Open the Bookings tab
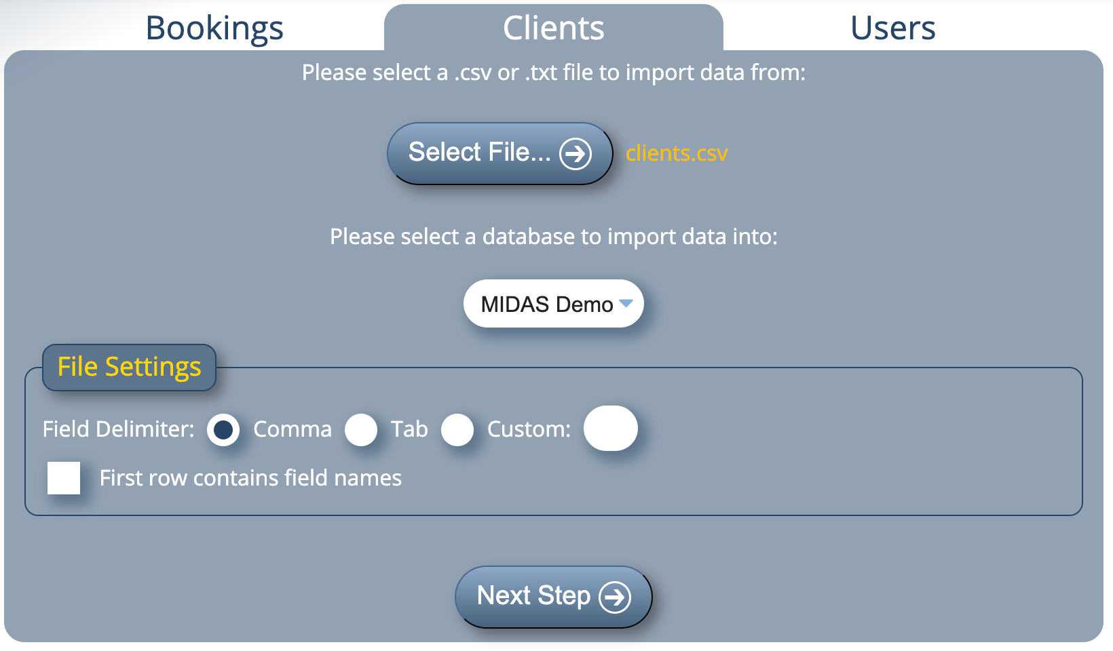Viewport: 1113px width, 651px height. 214,28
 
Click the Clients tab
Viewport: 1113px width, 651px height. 553,28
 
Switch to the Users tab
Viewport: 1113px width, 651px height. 892,28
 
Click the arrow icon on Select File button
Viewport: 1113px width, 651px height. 576,154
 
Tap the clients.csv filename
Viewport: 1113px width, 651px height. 677,154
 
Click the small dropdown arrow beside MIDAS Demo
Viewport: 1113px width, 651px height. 626,303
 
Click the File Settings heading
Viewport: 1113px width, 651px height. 129,367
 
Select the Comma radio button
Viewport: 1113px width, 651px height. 223,430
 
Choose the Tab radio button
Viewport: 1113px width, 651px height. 361,430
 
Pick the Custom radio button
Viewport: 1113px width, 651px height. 457,430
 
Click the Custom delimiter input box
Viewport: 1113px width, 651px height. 610,429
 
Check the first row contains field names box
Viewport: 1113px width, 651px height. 64,478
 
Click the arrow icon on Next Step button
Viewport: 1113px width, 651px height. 615,597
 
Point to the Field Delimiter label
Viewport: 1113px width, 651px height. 118,429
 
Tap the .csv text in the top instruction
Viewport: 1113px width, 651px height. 473,73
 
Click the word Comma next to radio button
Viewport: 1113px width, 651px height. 293,429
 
